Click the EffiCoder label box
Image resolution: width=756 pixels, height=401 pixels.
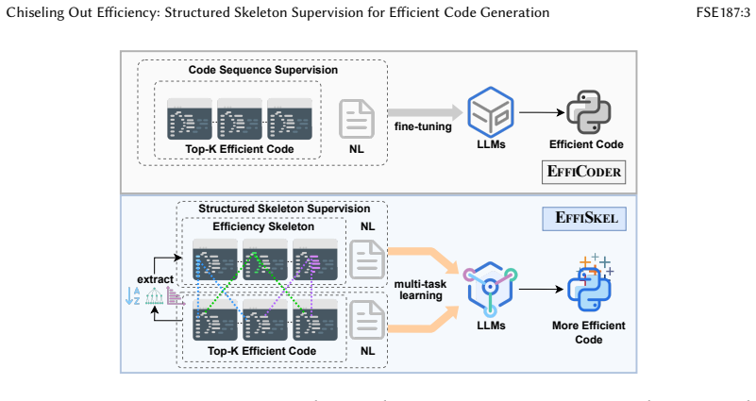[x=583, y=172]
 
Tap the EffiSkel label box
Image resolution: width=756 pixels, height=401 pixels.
[x=584, y=218]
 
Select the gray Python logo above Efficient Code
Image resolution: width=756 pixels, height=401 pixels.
[x=588, y=112]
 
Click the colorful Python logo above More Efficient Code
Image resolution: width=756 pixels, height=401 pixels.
[x=589, y=283]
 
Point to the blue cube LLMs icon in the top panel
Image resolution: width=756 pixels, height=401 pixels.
[x=491, y=112]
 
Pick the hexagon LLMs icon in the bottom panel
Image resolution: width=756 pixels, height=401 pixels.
[x=490, y=289]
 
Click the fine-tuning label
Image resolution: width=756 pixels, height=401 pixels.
[x=423, y=126]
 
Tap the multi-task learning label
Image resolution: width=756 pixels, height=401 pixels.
[x=420, y=290]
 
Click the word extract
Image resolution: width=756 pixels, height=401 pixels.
[x=155, y=279]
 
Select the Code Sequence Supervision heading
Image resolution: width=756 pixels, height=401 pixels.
[x=262, y=70]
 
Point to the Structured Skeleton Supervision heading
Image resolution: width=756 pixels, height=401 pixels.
[x=284, y=209]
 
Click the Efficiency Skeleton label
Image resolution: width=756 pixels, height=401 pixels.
[x=263, y=226]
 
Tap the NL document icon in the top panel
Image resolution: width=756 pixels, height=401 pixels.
[x=357, y=119]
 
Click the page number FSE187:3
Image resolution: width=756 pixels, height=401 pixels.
[x=723, y=12]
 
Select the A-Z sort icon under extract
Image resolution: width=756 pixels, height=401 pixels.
[x=132, y=296]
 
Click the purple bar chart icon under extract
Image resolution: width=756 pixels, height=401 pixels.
[x=176, y=296]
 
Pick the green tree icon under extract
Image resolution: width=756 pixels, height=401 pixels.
[x=153, y=296]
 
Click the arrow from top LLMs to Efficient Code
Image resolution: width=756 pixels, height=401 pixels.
[x=542, y=112]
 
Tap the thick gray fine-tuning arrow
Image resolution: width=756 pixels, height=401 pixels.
[x=426, y=113]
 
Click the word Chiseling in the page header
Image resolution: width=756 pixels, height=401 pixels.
[x=35, y=12]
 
